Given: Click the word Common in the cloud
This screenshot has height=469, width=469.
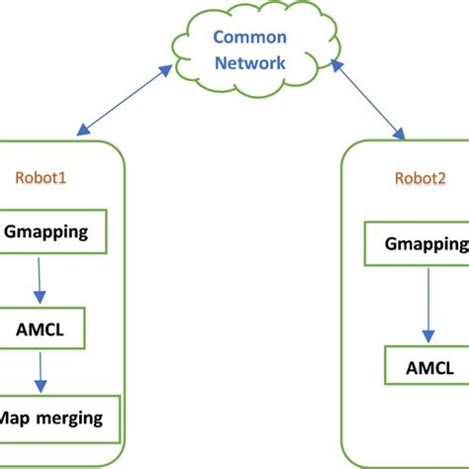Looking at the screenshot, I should point(252,38).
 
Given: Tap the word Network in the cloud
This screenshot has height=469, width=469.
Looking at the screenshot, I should point(252,62).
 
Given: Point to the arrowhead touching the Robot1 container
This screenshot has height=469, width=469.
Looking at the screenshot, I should point(79,131).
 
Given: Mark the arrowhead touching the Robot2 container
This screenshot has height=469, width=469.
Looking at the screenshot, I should point(402,133).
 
